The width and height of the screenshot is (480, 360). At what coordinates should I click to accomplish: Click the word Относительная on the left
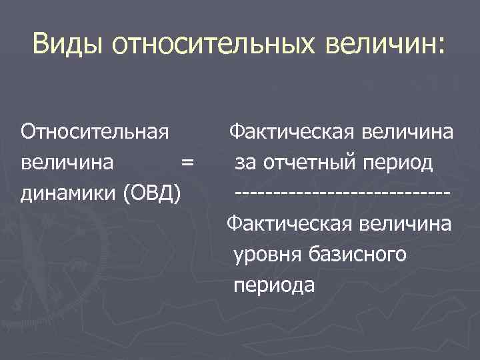pyautogui.click(x=94, y=131)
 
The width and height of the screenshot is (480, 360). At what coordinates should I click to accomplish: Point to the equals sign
pyautogui.click(x=187, y=162)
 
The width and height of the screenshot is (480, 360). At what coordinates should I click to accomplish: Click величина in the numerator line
pyautogui.click(x=411, y=131)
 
